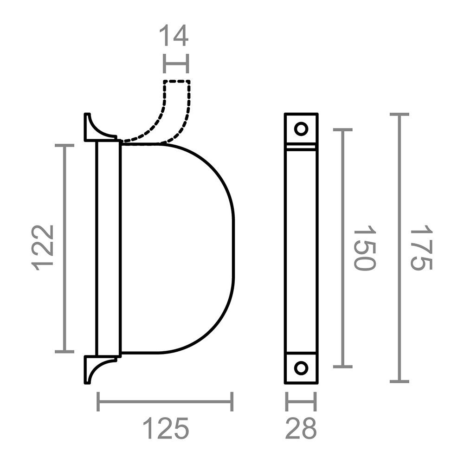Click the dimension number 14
[174, 36]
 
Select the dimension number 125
[166, 428]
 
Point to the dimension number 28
[301, 428]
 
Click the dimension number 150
[365, 248]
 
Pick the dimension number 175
[421, 247]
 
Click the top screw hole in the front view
[301, 129]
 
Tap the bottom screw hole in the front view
[301, 368]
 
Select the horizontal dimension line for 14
[176, 64]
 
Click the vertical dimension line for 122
[64, 249]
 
